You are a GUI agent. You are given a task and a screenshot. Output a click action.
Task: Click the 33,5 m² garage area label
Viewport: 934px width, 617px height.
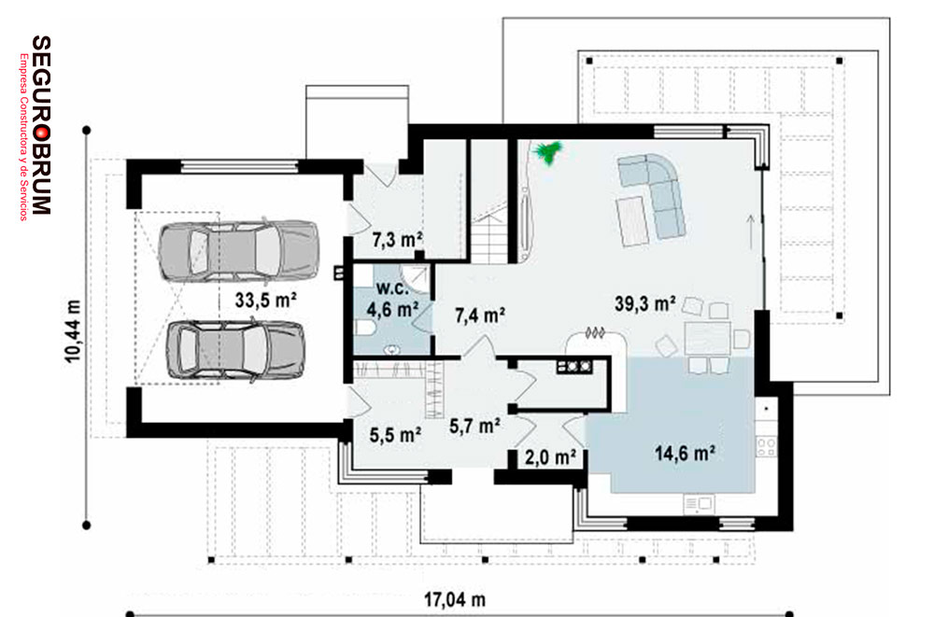(265, 300)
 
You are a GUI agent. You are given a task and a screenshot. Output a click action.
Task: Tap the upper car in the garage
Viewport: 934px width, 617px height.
(238, 250)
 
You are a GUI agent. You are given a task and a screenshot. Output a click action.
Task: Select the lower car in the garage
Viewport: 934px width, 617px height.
(236, 350)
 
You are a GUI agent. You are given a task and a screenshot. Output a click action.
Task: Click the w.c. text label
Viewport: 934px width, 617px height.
(392, 288)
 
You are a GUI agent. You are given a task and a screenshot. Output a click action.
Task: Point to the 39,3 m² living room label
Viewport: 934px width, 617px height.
(645, 303)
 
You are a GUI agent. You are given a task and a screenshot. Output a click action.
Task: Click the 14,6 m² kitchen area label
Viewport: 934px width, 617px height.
(685, 454)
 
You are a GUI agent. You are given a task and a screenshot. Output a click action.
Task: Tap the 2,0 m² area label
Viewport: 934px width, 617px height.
(550, 456)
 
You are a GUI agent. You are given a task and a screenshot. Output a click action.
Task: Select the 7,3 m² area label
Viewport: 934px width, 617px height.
(397, 239)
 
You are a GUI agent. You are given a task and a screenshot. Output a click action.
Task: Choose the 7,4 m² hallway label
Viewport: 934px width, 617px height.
(480, 316)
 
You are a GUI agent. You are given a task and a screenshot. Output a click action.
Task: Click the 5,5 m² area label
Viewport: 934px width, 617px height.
(395, 435)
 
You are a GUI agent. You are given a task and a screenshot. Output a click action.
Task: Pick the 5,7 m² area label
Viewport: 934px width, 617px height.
(474, 426)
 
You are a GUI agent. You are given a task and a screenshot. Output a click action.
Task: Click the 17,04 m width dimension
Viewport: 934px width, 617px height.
(455, 599)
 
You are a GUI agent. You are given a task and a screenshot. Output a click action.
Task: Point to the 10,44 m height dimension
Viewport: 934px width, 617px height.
(72, 331)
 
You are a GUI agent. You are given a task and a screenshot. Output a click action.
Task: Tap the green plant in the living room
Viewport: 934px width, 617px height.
(548, 152)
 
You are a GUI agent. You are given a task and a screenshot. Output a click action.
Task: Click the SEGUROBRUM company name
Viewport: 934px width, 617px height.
(41, 125)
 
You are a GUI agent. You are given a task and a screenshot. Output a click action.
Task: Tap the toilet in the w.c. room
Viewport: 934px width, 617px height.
(364, 328)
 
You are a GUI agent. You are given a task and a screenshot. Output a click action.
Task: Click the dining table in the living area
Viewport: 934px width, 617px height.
(708, 338)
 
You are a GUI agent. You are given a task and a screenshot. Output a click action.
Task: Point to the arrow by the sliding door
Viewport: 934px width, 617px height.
(751, 231)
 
